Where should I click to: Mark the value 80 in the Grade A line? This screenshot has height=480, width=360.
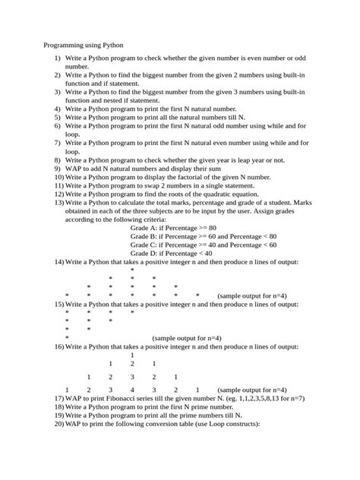(213, 228)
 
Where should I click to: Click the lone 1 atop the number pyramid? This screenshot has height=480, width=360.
(132, 355)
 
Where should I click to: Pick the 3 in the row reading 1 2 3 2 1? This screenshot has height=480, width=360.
(132, 377)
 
